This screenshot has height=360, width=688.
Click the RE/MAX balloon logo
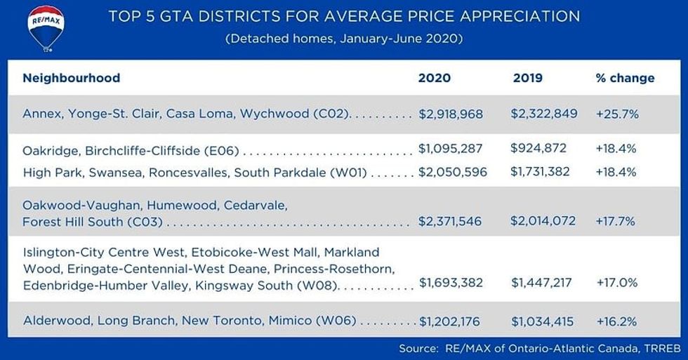coord(46,28)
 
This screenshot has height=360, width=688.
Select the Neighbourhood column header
coord(71,78)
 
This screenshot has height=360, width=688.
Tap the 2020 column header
coord(435,78)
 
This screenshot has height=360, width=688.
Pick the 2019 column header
coord(528,78)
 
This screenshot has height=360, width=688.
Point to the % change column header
coord(625,78)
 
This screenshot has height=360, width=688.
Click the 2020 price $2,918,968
coord(451,114)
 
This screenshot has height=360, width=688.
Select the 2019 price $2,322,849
coord(544,113)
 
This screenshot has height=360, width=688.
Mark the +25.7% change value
coord(616,114)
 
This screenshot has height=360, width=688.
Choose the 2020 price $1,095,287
coord(450,149)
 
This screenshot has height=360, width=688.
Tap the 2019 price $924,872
coord(538,149)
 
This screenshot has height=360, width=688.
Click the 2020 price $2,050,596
coord(452,172)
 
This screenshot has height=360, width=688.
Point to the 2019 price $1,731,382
coord(541,171)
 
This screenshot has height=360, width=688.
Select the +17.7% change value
coord(616,222)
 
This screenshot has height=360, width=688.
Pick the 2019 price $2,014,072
coord(543,221)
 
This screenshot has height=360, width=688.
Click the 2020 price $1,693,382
coord(451,283)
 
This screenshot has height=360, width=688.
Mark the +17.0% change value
coord(616,283)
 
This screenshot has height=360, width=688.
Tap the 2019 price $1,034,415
coord(543,321)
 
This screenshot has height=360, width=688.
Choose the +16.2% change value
coord(616,321)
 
